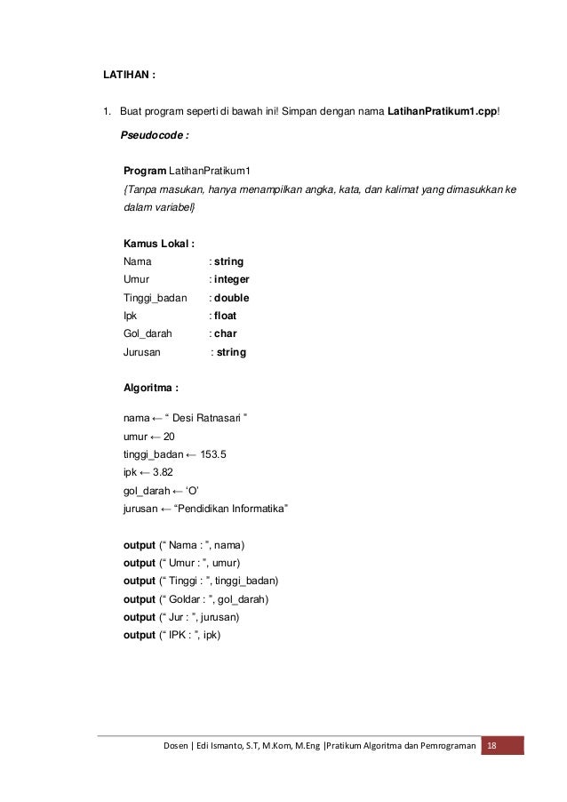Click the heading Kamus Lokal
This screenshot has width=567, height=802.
tap(159, 244)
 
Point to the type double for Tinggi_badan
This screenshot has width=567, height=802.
tap(231, 298)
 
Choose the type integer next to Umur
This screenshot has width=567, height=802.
tap(232, 280)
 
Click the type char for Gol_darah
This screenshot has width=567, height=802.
tap(225, 334)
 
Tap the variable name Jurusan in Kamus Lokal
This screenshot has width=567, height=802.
tap(142, 352)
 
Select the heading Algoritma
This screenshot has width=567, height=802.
tap(151, 389)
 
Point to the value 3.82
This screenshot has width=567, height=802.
tap(163, 472)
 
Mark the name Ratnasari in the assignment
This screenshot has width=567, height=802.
tap(218, 418)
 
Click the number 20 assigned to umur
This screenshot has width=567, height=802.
tap(169, 436)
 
